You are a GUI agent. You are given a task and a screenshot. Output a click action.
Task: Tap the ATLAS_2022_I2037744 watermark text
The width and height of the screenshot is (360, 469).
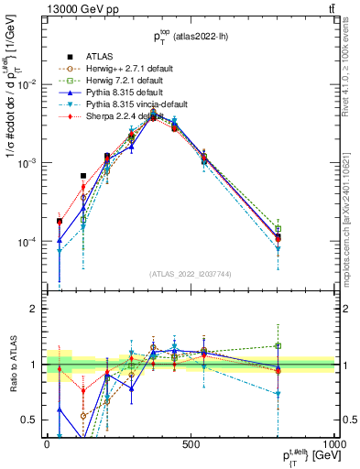tap(191, 274)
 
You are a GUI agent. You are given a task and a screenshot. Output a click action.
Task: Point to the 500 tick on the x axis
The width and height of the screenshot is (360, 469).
tap(191, 442)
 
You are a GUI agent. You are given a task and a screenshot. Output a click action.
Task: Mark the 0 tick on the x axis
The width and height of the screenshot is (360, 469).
tap(47, 442)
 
